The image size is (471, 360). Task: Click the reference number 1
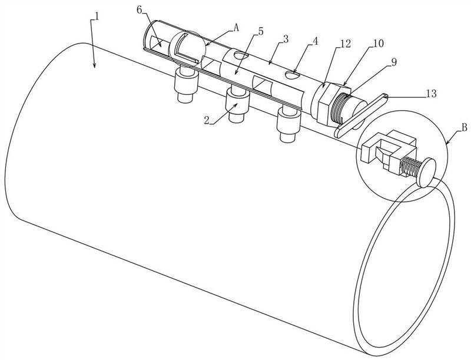[97, 16]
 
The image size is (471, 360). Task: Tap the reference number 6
[140, 9]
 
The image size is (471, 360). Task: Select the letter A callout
[237, 28]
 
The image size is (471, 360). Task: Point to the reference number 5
[260, 31]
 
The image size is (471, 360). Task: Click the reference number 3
[286, 39]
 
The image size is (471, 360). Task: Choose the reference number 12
[345, 44]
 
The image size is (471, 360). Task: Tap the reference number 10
[378, 44]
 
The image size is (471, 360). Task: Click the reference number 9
[393, 62]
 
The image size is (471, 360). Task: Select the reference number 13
[431, 94]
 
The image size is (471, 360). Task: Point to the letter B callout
[464, 127]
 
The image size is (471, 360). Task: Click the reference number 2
[207, 120]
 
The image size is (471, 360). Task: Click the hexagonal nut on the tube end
[326, 103]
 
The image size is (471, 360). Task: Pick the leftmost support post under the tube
[186, 85]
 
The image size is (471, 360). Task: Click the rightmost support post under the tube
[288, 124]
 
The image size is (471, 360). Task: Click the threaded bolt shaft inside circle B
[410, 167]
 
